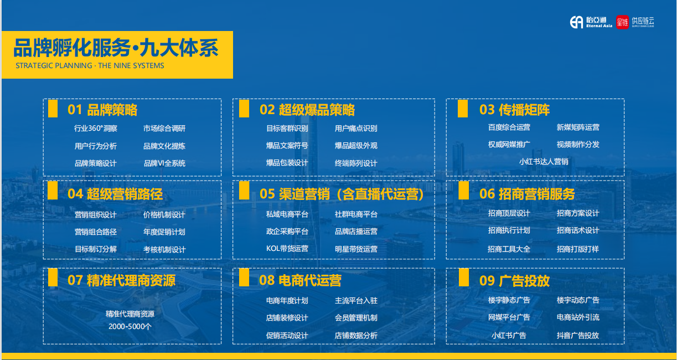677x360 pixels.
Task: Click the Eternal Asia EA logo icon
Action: point(576,22)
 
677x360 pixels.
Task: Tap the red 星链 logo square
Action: point(622,22)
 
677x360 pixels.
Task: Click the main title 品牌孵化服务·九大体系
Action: point(116,48)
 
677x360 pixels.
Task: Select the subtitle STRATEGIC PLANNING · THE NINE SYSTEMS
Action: point(90,65)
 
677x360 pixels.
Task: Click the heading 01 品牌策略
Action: point(102,110)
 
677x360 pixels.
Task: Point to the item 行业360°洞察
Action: point(96,128)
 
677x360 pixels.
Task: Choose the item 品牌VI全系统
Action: point(164,163)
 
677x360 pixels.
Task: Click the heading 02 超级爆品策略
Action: point(307,110)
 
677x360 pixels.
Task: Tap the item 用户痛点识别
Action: point(356,128)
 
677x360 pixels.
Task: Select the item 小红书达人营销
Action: point(544,162)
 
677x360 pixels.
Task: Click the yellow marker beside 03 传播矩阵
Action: point(463,108)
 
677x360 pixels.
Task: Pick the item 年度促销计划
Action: point(164,232)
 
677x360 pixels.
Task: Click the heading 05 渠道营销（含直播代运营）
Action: point(342,194)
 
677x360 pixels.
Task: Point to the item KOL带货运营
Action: point(287,249)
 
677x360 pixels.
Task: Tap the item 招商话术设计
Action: point(577,230)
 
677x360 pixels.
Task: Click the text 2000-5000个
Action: point(130,326)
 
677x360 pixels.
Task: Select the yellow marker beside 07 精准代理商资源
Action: point(53,277)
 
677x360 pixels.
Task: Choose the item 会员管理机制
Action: point(356,318)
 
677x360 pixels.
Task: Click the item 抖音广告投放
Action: point(577,335)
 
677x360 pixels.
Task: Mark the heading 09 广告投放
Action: point(514,281)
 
